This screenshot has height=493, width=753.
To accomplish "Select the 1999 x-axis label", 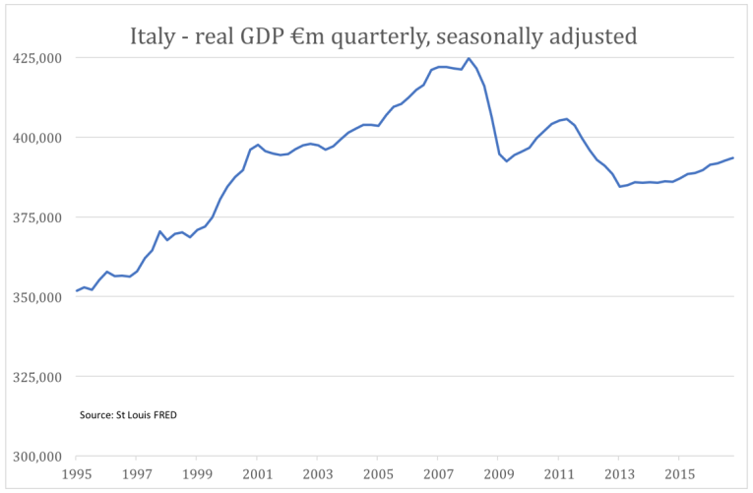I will (x=196, y=474).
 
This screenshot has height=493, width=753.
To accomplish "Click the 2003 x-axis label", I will (x=317, y=474).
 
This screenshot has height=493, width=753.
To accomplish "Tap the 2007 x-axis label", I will (x=438, y=474).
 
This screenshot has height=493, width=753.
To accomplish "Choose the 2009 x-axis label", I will (x=498, y=474).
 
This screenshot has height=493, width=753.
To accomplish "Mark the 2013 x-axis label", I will (x=619, y=474).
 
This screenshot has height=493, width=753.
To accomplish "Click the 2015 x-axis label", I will (x=679, y=474).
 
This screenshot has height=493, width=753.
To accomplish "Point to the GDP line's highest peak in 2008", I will (x=469, y=58).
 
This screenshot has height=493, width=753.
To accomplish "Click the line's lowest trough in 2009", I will (x=506, y=160).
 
